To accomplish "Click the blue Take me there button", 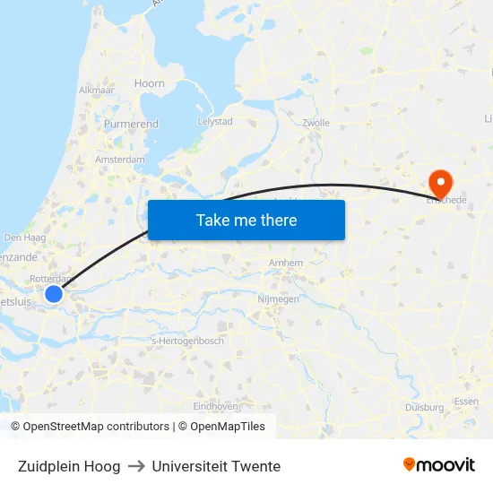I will [x=246, y=220].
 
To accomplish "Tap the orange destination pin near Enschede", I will [x=441, y=182].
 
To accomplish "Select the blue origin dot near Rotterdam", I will [x=54, y=294].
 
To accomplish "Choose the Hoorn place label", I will [x=150, y=83].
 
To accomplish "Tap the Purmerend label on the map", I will [x=131, y=124].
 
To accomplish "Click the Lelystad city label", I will [x=214, y=121].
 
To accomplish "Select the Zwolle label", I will [x=316, y=123].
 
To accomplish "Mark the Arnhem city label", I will [x=286, y=263].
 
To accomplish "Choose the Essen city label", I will [x=466, y=402].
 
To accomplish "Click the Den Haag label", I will [x=25, y=238].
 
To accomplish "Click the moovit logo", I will [x=438, y=465].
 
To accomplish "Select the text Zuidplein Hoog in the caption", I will [x=68, y=466].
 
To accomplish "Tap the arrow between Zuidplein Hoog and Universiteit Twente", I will [x=136, y=466].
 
